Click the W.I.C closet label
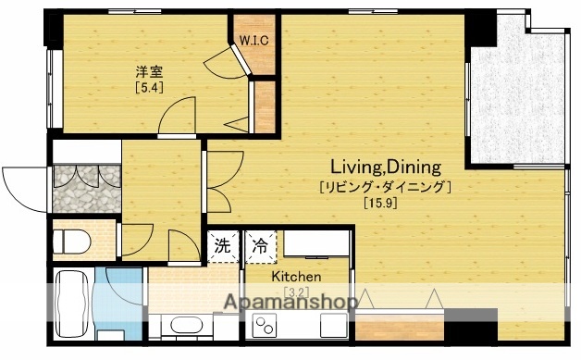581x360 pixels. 253,39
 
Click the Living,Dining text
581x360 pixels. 387,168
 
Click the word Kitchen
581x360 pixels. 296,277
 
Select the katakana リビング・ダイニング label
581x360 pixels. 385,187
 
